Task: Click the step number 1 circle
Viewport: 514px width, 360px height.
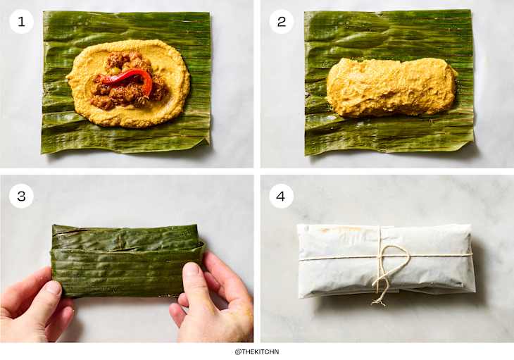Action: [x=21, y=21]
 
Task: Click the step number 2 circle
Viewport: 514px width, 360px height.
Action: [x=282, y=21]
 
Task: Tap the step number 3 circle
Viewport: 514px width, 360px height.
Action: [x=21, y=197]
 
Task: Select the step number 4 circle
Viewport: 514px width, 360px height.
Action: [x=282, y=197]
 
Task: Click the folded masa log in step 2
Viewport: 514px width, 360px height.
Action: [x=391, y=87]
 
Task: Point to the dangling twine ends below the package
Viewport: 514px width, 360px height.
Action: [x=381, y=294]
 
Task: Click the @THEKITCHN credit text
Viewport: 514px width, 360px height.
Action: [x=257, y=352]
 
